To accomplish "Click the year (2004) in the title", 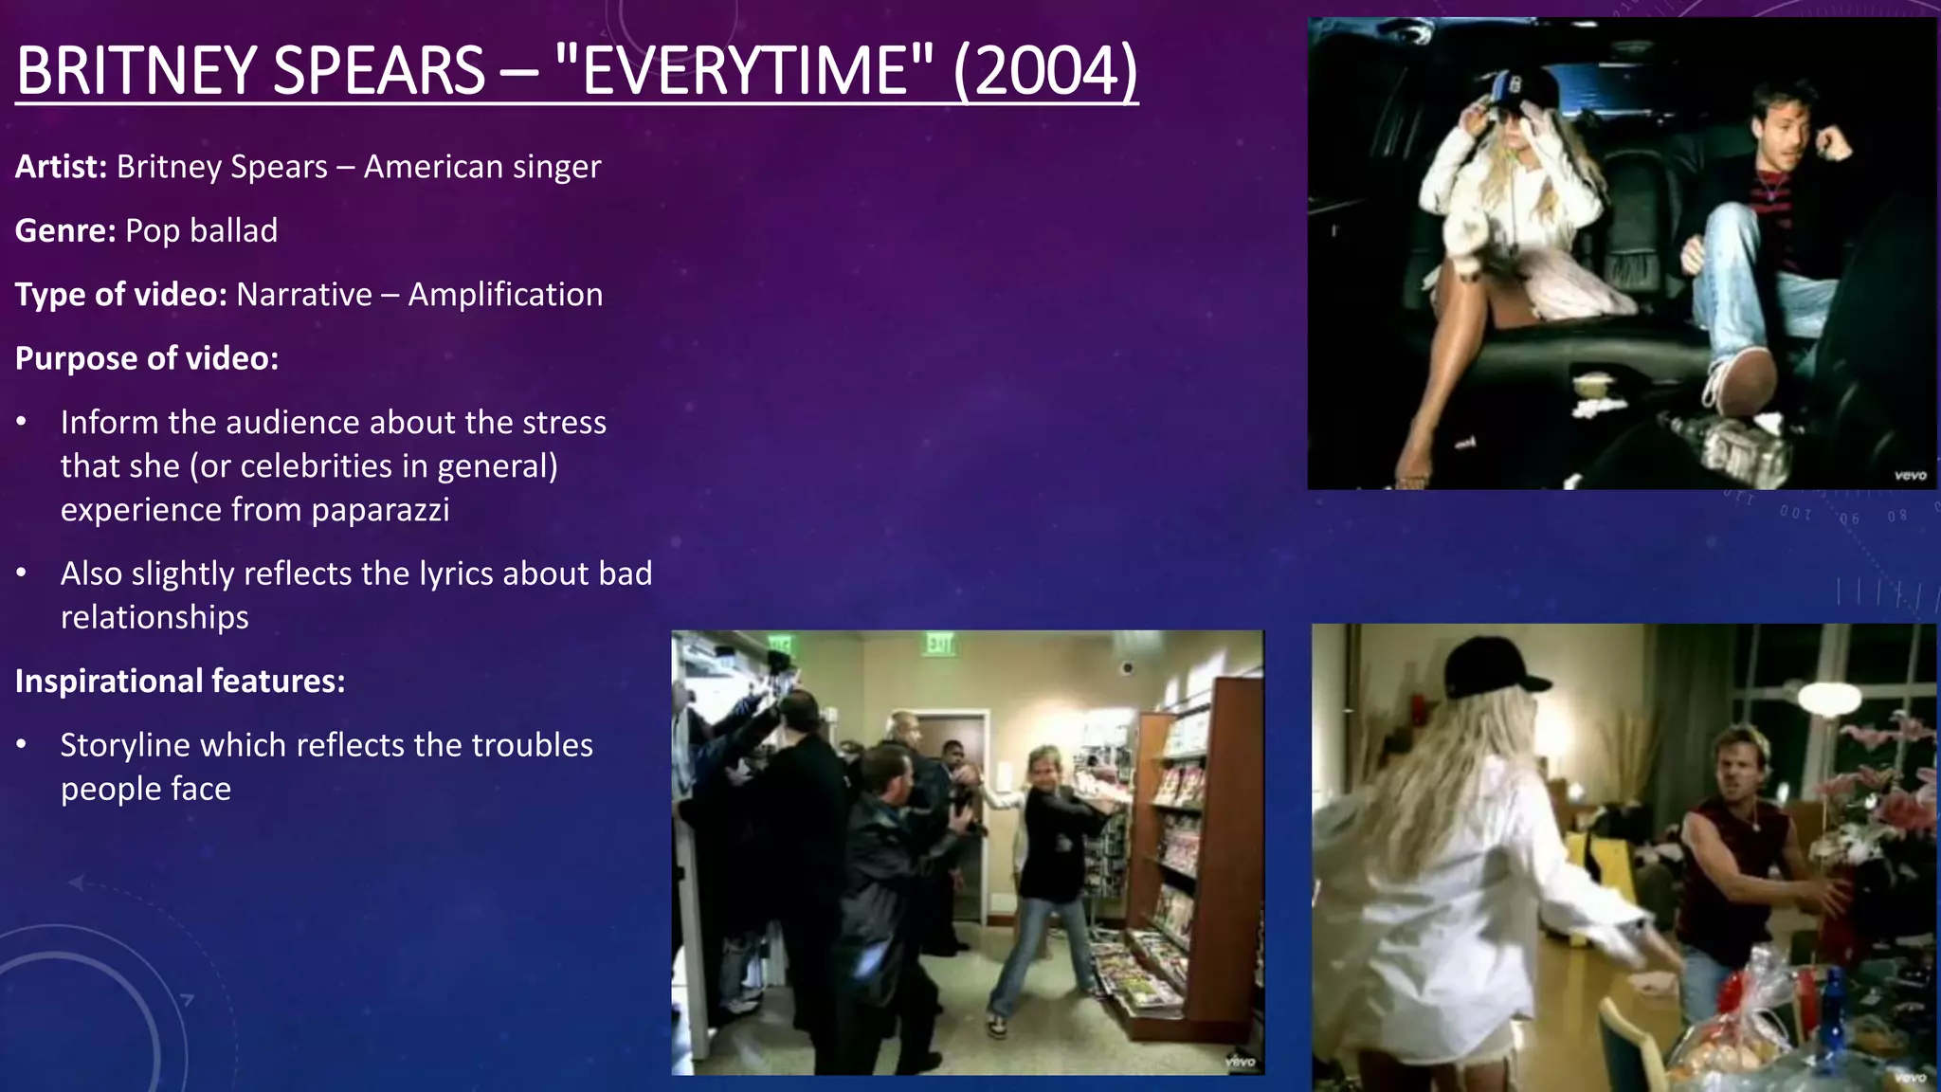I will [x=1044, y=72].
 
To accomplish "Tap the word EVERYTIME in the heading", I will [x=744, y=72].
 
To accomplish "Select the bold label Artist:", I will [x=62, y=167].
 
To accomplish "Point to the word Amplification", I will [x=505, y=295].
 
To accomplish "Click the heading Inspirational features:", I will [x=180, y=681].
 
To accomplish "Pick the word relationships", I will [x=154, y=617].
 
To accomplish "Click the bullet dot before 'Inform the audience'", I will [x=22, y=422].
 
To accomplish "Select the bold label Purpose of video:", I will [x=147, y=358].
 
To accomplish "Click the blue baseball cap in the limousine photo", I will [x=1513, y=90].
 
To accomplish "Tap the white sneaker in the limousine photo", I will [x=1739, y=384].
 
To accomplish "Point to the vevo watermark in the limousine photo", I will [x=1910, y=475].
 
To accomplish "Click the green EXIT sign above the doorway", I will [x=938, y=645].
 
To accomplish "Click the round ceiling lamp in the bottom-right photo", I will [x=1828, y=699].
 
